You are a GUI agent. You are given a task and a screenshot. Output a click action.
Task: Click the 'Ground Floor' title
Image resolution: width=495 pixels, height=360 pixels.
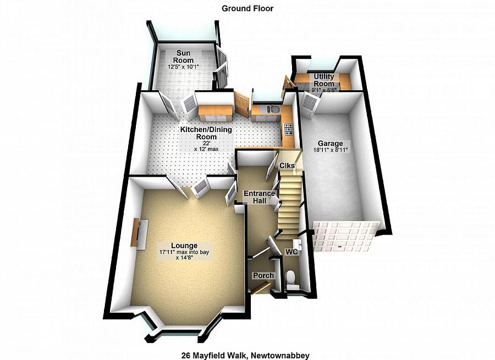(247, 8)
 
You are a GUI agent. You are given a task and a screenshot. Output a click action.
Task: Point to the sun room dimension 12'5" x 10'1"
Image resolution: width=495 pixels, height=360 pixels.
(183, 67)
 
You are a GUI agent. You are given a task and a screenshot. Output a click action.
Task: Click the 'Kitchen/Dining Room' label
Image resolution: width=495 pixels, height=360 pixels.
(206, 133)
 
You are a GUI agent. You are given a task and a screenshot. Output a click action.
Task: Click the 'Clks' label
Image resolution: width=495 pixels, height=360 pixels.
(287, 166)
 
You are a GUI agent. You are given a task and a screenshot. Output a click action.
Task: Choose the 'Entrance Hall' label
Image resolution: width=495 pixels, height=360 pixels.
(259, 197)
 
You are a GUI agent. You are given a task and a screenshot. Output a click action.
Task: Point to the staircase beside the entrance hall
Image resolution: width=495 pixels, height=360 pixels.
(290, 204)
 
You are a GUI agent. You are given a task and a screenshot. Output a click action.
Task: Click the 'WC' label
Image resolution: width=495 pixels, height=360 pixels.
(291, 252)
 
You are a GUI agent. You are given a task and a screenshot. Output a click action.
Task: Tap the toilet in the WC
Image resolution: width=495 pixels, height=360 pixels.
(291, 277)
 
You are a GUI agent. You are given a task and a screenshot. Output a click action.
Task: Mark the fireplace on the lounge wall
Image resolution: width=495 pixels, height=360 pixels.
(135, 232)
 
